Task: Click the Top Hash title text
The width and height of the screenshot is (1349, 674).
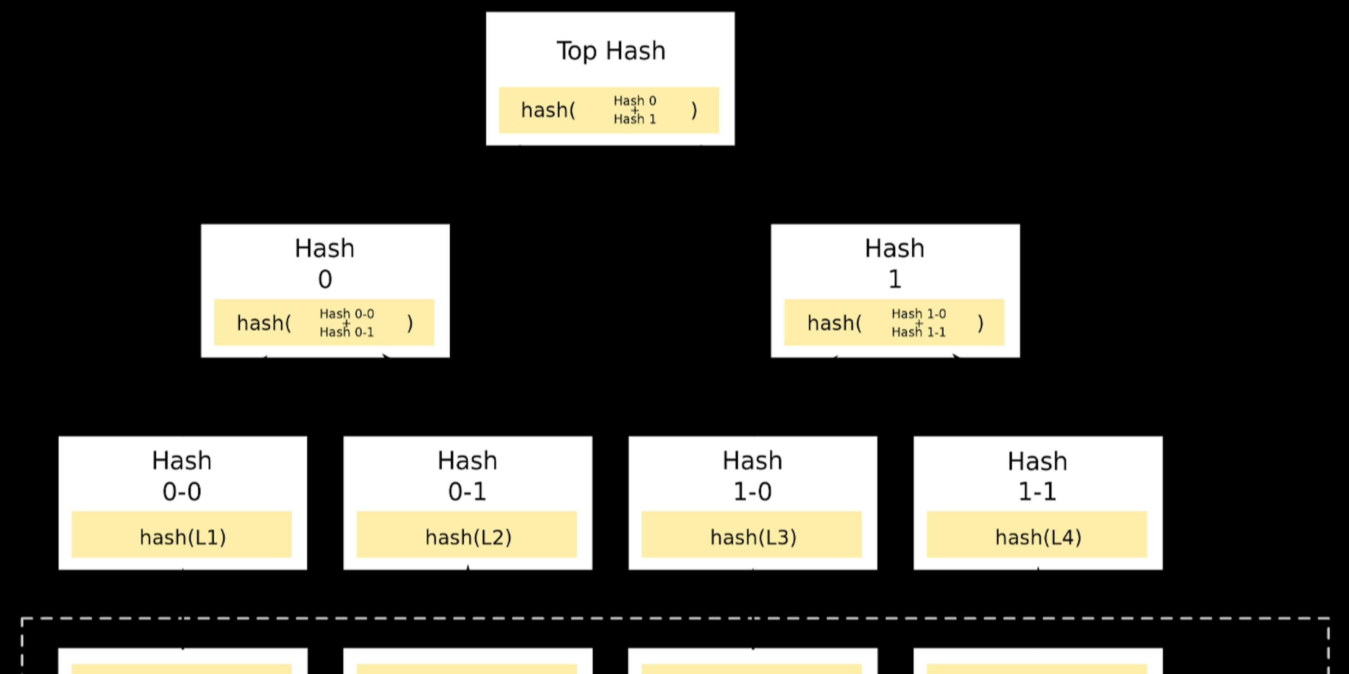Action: tap(611, 51)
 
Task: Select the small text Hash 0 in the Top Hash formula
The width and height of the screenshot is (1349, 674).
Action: tap(635, 100)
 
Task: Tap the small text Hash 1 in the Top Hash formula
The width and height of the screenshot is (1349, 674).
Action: tap(635, 119)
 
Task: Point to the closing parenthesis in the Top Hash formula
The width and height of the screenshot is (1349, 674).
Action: tap(694, 111)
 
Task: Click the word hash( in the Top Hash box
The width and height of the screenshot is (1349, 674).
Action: tap(548, 111)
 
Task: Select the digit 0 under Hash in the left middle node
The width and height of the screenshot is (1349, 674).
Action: tap(325, 279)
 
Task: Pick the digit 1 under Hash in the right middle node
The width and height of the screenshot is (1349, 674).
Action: tap(895, 279)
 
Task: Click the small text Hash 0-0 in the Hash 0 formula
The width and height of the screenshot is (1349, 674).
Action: tap(347, 314)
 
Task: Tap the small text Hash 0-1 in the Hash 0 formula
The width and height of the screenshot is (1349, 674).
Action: tap(347, 332)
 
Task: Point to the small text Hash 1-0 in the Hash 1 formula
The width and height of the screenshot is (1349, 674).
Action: tap(919, 314)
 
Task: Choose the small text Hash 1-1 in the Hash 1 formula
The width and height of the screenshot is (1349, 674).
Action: tap(919, 332)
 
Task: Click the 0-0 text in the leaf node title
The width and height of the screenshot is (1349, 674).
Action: tap(182, 492)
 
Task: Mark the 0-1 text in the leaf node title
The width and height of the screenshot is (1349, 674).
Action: tap(467, 492)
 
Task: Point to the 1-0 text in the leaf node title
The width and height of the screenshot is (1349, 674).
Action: tap(752, 492)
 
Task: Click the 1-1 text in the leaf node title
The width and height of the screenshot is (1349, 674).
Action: tap(1037, 492)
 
